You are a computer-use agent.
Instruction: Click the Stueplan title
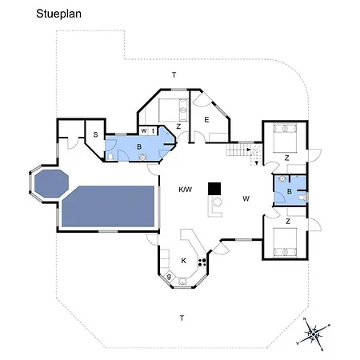58,14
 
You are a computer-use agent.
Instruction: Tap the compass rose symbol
314,334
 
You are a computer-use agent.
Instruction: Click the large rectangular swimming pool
108,206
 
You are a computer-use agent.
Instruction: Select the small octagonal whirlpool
51,183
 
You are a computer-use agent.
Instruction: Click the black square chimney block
214,189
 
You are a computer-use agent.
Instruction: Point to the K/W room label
185,190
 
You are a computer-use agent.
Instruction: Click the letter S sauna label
95,135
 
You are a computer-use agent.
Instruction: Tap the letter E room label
206,120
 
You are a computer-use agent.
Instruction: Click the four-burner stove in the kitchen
202,262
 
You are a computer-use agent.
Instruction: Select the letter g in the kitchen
169,277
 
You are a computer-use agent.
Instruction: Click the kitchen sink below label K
182,281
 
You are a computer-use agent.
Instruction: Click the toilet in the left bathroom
110,157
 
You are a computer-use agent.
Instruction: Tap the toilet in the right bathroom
302,198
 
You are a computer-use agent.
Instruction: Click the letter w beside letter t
144,130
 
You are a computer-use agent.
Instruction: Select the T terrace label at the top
174,75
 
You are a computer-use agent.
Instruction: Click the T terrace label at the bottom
182,318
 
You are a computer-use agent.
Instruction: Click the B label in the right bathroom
290,191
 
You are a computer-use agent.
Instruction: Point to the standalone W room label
246,198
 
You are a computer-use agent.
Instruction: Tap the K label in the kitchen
183,261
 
